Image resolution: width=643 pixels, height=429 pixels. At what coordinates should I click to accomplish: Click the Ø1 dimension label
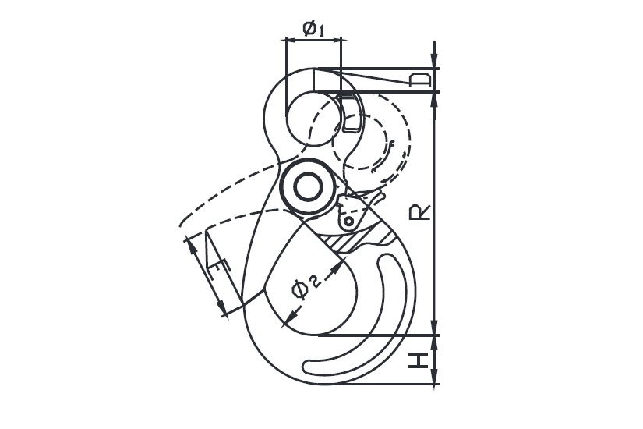click(314, 29)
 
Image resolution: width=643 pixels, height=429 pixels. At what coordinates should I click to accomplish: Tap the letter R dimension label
click(420, 212)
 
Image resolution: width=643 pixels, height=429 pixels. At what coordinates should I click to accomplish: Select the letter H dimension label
click(419, 360)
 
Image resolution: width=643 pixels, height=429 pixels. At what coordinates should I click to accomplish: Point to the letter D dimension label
click(420, 80)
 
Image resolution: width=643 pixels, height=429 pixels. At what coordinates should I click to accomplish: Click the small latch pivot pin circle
click(348, 222)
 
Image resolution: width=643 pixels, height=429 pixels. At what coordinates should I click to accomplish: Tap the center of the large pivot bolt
click(308, 186)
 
